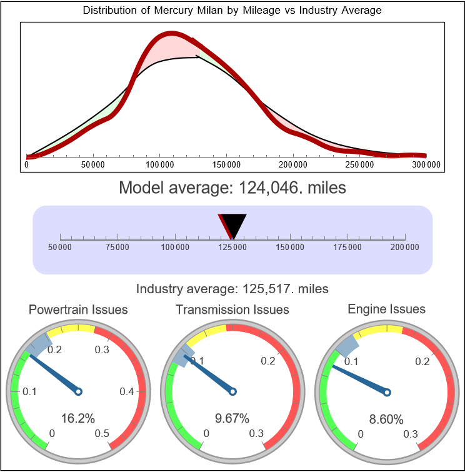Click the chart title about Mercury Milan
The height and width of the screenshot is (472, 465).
tap(232, 11)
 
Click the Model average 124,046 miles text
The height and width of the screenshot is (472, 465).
tap(232, 188)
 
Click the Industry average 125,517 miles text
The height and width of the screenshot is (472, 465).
tap(232, 289)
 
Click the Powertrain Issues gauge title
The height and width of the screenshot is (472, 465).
tap(78, 309)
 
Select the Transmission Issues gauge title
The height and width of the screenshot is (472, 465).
tap(232, 309)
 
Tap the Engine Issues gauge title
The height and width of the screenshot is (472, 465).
tap(386, 309)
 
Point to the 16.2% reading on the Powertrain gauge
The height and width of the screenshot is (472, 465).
tap(78, 418)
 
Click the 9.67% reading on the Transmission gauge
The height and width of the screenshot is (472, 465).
tap(232, 418)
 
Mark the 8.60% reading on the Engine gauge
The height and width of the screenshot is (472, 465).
tap(386, 419)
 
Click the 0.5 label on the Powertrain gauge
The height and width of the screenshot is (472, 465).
tap(102, 434)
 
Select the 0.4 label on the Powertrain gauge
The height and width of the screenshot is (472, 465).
tap(127, 392)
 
